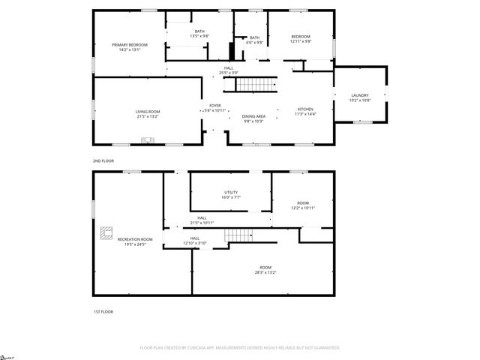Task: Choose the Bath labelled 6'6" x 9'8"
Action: pyautogui.click(x=255, y=40)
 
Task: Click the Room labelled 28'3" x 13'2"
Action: pyautogui.click(x=265, y=269)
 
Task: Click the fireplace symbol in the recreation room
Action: pyautogui.click(x=106, y=235)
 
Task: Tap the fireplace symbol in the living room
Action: pyautogui.click(x=148, y=139)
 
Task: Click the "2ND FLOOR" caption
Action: pyautogui.click(x=103, y=160)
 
